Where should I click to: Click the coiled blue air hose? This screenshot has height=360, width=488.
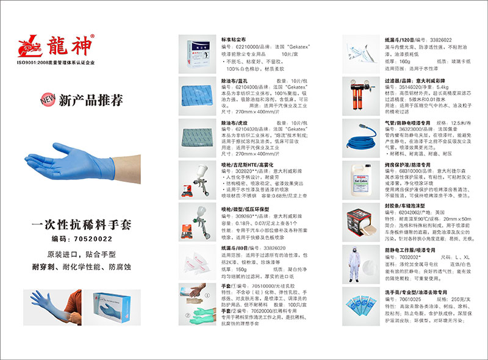click(362, 137)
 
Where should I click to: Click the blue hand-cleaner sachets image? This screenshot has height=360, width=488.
click(362, 308)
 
